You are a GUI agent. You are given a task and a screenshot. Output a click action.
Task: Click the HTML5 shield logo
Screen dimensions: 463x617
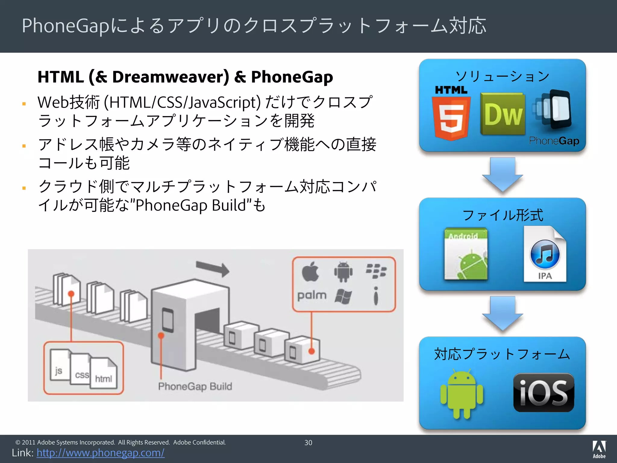point(451,116)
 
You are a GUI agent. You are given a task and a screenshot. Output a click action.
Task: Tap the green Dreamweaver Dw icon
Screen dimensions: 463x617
point(503,114)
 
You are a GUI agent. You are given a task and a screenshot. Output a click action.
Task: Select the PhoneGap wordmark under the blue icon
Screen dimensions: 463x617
point(554,141)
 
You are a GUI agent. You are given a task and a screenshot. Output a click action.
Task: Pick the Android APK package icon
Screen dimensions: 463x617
point(466,254)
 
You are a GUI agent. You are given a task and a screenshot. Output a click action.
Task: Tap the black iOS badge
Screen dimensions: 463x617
point(543,392)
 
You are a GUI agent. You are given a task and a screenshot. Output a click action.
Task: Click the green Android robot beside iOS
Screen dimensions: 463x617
point(461,394)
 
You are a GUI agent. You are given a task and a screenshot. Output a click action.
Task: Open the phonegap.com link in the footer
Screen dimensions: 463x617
point(101,453)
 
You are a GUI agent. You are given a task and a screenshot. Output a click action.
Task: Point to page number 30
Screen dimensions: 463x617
point(308,443)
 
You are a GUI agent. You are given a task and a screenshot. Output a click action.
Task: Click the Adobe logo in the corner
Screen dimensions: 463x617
point(599,449)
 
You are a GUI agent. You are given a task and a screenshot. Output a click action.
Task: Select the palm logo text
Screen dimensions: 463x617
point(312,295)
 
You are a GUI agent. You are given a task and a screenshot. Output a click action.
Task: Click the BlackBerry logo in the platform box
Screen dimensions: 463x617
point(376,271)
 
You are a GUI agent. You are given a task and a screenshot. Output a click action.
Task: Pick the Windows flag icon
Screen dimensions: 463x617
point(343,296)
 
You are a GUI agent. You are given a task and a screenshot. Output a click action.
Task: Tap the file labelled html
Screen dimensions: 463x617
point(104,374)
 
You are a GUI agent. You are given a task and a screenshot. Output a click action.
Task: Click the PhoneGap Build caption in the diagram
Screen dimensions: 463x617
point(195,386)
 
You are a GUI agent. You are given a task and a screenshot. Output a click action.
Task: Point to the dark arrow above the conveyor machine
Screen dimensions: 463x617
point(212,268)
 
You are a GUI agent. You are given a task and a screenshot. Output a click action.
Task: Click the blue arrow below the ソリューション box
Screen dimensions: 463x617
point(502,174)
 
